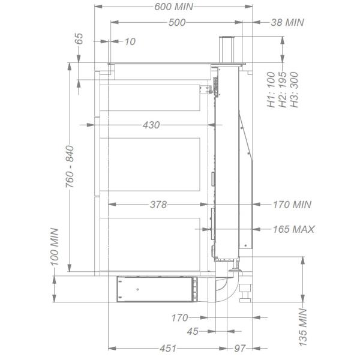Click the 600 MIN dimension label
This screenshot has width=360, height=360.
pos(173,7)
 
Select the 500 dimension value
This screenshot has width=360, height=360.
pos(177,23)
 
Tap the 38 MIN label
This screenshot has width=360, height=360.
pos(287,23)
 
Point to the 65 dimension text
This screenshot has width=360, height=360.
pos(79,38)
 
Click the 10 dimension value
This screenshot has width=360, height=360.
pos(130,41)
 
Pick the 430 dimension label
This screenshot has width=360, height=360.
pos(151,125)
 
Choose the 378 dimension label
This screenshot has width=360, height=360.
pos(158,205)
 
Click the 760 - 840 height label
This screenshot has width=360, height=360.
pos(70,166)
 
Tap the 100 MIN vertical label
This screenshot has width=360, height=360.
pos(55,247)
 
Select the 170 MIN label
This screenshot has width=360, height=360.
pos(292,205)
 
